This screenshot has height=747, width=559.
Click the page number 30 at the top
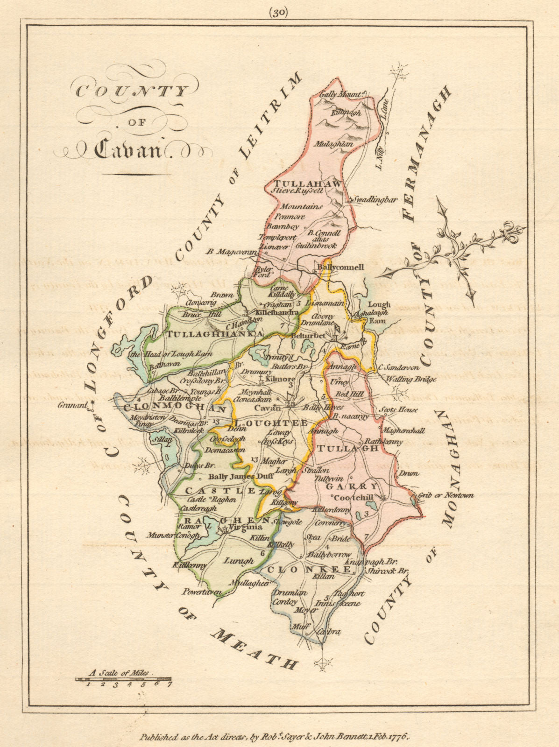(279, 13)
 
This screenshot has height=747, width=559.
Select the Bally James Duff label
(231, 477)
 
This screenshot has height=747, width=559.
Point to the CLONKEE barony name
(308, 570)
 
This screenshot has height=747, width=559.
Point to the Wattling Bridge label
(410, 380)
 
